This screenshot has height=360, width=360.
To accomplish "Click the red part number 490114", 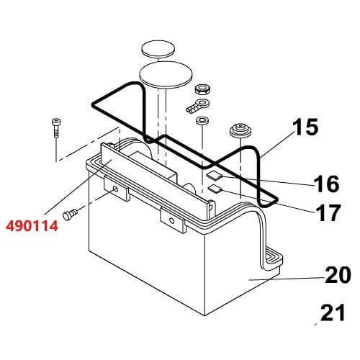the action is coord(32,226).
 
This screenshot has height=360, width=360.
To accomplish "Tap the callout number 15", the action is coord(305,127).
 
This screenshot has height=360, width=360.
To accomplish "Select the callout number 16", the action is coord(326,184).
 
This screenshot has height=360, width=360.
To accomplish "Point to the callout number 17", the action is coord(328,212).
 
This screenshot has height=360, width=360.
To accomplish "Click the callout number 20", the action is coord(338,274).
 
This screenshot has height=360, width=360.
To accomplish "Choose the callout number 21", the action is coord(333,312).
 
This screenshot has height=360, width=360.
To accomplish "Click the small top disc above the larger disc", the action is coord(158,49).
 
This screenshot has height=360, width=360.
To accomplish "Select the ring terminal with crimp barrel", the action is coord(197,106).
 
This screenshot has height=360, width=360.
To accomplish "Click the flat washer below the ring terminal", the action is coord(202,120).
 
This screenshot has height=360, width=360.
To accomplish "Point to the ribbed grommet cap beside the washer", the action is coord(240,130).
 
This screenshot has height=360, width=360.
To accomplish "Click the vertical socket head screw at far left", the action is coord(55,128).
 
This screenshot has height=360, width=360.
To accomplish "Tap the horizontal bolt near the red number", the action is coord(70,214).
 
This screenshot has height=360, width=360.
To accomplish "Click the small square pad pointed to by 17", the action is coord(216,189).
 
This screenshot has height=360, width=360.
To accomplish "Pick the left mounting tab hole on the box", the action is coord(115,189).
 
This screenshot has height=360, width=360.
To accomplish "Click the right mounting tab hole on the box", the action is coord(171,220).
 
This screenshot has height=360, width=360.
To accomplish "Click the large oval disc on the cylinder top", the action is coord(166,76).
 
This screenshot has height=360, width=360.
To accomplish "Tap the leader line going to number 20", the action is coord(287,279).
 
